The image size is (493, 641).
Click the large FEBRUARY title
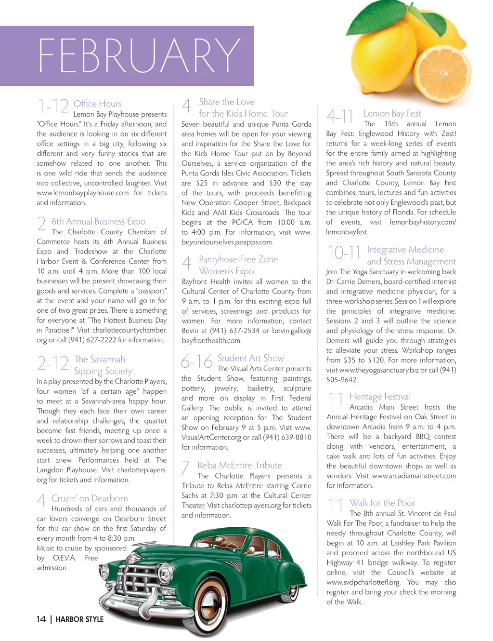(139, 55)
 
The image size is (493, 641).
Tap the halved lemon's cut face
(442, 73)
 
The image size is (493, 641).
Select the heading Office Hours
(97, 104)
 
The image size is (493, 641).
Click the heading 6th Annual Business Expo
(98, 221)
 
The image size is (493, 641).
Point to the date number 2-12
(53, 363)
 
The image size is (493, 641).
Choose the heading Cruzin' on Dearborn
(90, 498)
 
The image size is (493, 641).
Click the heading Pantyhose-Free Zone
(238, 259)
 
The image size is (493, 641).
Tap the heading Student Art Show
(250, 358)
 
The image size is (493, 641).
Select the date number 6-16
(196, 361)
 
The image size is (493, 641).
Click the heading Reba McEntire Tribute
(239, 465)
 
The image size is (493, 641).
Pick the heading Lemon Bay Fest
(392, 113)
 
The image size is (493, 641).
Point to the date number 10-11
(344, 253)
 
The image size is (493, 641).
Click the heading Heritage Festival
(380, 397)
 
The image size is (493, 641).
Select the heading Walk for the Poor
(382, 503)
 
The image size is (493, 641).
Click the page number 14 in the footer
(41, 619)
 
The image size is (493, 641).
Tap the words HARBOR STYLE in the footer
(79, 619)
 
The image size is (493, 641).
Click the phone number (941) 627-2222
(94, 340)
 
